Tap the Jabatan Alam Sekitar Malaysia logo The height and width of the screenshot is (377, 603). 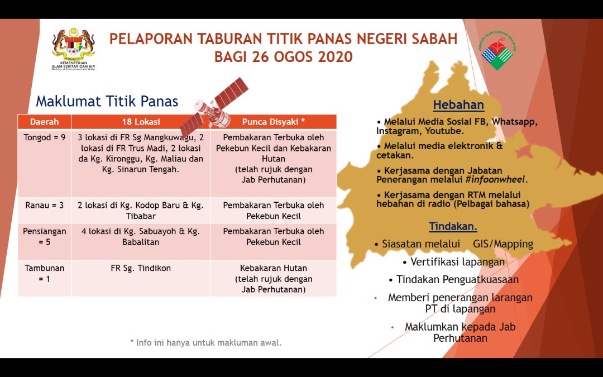tap(498, 51)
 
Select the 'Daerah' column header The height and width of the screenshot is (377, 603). tap(44, 122)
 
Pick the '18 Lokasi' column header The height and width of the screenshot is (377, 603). tap(141, 122)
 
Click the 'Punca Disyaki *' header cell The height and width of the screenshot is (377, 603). tap(274, 122)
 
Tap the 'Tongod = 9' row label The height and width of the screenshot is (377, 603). tap(44, 137)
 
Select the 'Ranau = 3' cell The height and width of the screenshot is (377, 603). tap(44, 205)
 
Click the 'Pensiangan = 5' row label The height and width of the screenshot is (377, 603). tap(44, 237)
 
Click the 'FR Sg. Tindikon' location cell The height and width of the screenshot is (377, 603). tap(141, 268)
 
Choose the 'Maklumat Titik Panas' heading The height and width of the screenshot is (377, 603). tap(107, 101)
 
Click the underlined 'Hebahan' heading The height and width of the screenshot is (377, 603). tap(458, 104)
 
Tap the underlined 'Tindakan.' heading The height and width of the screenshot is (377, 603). tap(453, 226)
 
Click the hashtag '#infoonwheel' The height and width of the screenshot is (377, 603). tap(495, 180)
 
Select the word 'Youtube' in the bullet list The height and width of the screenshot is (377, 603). tap(443, 131)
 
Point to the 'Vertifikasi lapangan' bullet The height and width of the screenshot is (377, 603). tap(453, 262)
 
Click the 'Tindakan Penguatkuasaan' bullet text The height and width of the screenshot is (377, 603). tap(453, 280)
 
